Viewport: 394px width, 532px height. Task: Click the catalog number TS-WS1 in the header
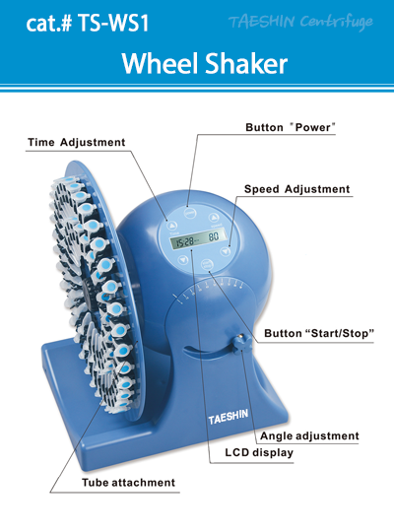point(113,23)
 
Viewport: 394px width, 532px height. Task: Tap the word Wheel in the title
point(161,63)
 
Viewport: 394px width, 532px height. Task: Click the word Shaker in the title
point(247,63)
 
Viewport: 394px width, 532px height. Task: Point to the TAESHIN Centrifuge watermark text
point(300,22)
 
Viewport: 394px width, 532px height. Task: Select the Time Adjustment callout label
point(77,142)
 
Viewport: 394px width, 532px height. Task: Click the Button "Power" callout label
point(291,127)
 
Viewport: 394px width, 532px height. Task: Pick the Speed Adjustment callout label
point(296,189)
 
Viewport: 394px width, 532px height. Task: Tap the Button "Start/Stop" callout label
point(319,333)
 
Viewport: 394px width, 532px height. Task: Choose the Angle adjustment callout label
point(309,436)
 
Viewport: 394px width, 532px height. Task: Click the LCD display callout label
point(259,452)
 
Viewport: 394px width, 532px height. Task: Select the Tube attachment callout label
point(129,483)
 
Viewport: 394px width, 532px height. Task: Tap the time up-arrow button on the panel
point(172,226)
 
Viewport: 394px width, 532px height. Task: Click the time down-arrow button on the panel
point(183,260)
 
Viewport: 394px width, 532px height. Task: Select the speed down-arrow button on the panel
point(225,251)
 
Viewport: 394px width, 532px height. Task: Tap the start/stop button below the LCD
point(207,264)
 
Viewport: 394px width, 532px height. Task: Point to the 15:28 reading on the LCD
point(184,241)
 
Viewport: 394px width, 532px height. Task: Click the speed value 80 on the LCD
point(214,236)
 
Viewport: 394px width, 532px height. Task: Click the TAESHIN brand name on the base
point(229,417)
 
